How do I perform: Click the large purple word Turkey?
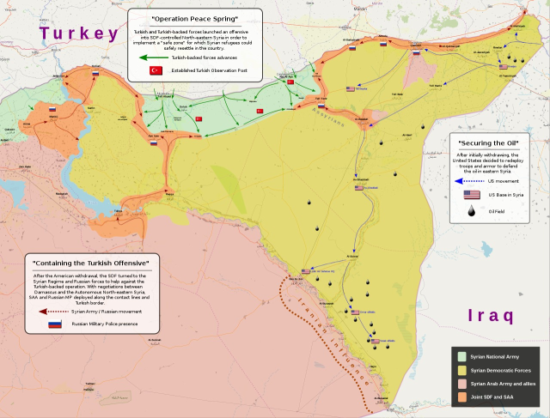click(78, 33)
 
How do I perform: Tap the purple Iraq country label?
click(491, 315)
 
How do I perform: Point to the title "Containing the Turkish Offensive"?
click(90, 262)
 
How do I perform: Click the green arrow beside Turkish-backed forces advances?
click(154, 57)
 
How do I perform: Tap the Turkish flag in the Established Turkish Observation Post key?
click(156, 70)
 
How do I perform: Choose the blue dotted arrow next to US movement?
click(468, 181)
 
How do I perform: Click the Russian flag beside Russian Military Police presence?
click(56, 325)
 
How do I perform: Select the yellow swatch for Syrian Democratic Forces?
click(461, 372)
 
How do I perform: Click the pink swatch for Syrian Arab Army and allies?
click(461, 385)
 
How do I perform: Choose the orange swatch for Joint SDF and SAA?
click(461, 400)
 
